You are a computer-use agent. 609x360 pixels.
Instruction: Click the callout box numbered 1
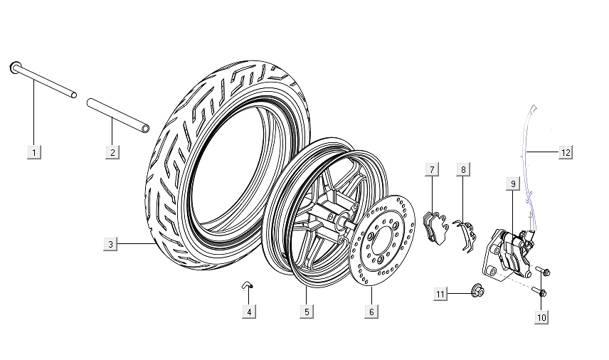(34, 152)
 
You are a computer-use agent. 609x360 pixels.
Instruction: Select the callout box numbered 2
(112, 152)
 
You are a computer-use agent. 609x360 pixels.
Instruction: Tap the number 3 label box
(110, 245)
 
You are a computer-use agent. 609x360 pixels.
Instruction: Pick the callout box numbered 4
(248, 312)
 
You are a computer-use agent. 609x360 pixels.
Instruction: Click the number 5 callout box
(306, 312)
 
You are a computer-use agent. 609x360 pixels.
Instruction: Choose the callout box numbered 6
(371, 312)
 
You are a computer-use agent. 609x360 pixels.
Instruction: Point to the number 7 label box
(431, 169)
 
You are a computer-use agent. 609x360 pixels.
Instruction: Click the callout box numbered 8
(463, 169)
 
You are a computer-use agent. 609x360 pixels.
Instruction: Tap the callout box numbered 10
(541, 317)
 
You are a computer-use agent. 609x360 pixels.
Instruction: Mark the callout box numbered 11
(441, 294)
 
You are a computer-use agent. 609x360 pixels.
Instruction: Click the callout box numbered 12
(566, 152)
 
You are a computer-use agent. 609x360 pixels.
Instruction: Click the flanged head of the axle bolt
(15, 68)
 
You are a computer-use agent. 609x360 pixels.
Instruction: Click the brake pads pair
(433, 226)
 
